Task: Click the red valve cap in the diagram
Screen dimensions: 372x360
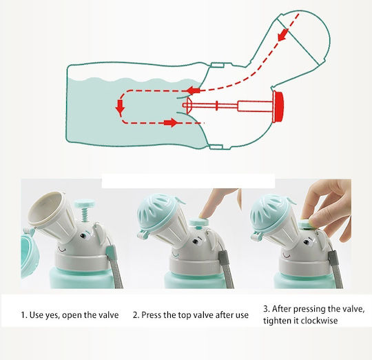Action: pyautogui.click(x=278, y=106)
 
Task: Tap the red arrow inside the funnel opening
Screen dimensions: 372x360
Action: pyautogui.click(x=283, y=35)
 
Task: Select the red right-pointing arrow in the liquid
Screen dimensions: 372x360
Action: pyautogui.click(x=171, y=123)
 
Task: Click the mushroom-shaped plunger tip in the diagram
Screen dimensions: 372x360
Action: pyautogui.click(x=189, y=106)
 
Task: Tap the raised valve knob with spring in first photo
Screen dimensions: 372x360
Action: pyautogui.click(x=84, y=210)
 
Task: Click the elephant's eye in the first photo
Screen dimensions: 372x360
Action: pyautogui.click(x=83, y=236)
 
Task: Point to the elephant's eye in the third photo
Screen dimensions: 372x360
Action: pyautogui.click(x=307, y=243)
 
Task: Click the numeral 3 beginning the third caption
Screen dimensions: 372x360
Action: pyautogui.click(x=266, y=309)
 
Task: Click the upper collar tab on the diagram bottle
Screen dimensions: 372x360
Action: pyautogui.click(x=218, y=65)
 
